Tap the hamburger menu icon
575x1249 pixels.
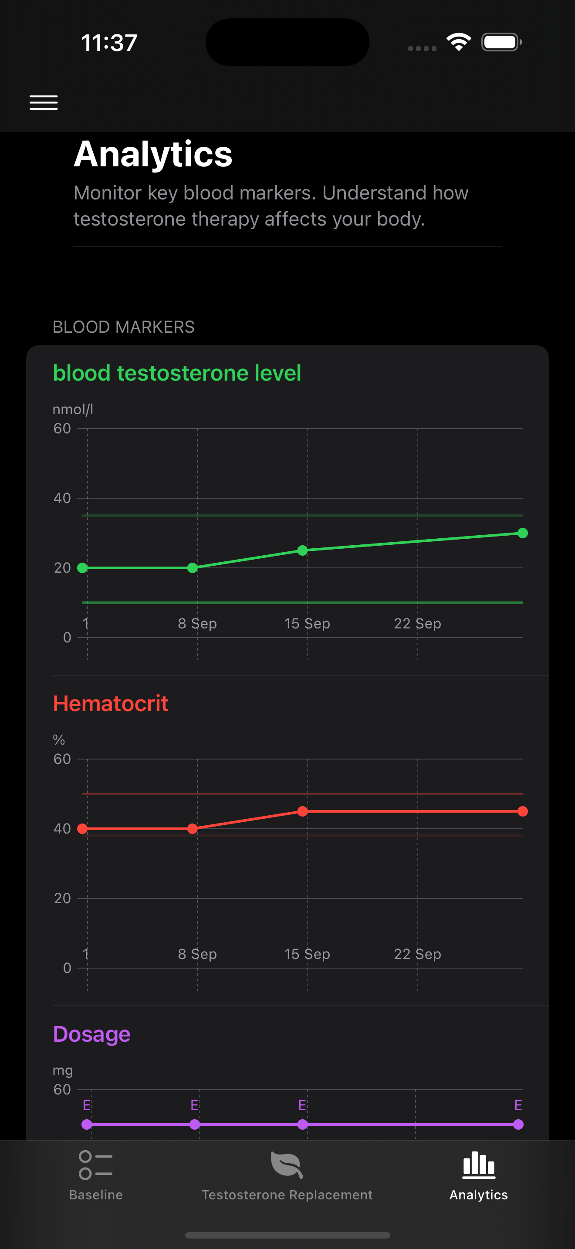pos(44,102)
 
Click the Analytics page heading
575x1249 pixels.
pos(153,154)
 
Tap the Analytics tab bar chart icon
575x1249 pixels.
pos(479,1165)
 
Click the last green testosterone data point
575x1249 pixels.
pos(522,533)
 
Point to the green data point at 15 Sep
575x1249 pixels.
pos(303,550)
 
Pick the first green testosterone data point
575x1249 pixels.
pos(82,568)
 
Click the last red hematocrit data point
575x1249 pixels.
pos(522,811)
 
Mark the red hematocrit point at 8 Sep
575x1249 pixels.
pos(193,829)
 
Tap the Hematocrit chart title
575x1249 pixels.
pos(111,703)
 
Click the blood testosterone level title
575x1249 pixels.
pos(177,373)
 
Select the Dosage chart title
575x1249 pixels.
pos(91,1034)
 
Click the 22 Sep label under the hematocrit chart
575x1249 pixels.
pos(417,954)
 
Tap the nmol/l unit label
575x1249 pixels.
pos(73,410)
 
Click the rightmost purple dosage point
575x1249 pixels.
pos(518,1124)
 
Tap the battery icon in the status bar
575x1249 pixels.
pos(501,42)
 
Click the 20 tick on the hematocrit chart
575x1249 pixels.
pos(62,898)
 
